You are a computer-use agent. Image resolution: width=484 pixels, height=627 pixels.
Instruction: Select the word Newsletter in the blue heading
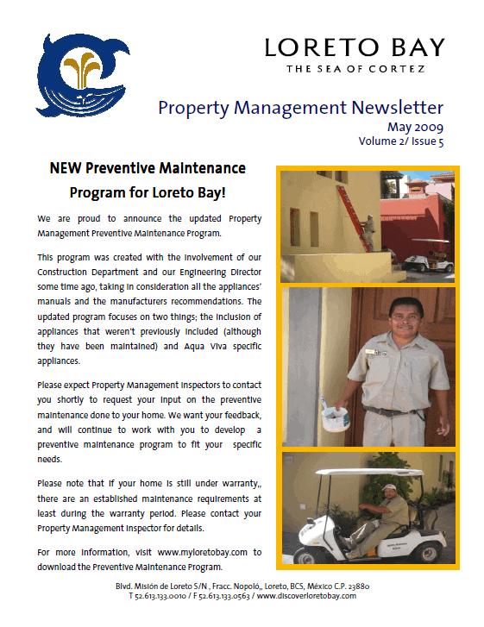click(397, 108)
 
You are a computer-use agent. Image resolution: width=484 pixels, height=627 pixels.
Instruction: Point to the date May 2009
click(412, 127)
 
